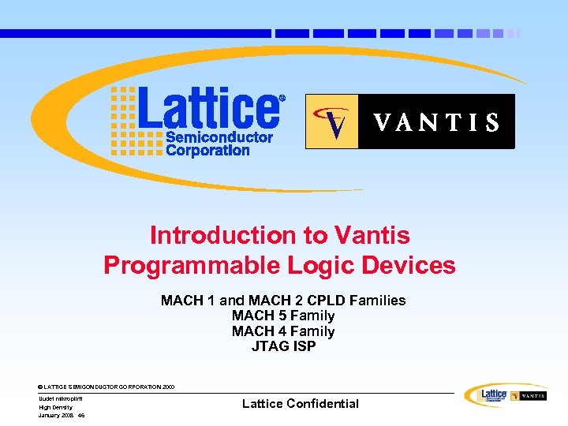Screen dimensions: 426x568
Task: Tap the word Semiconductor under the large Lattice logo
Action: coord(219,138)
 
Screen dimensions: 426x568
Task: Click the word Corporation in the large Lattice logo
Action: coord(207,150)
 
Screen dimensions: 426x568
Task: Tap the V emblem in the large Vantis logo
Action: coord(333,121)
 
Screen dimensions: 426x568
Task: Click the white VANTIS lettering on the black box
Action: coord(436,122)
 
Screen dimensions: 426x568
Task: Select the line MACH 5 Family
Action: coord(283,316)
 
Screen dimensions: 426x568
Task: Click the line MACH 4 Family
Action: coord(283,331)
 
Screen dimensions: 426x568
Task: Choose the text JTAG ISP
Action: coord(283,346)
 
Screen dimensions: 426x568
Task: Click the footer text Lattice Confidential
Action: coord(300,403)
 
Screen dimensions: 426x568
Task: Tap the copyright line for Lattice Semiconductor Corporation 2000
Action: coord(106,387)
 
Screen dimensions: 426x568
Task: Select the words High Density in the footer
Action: coord(55,407)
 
